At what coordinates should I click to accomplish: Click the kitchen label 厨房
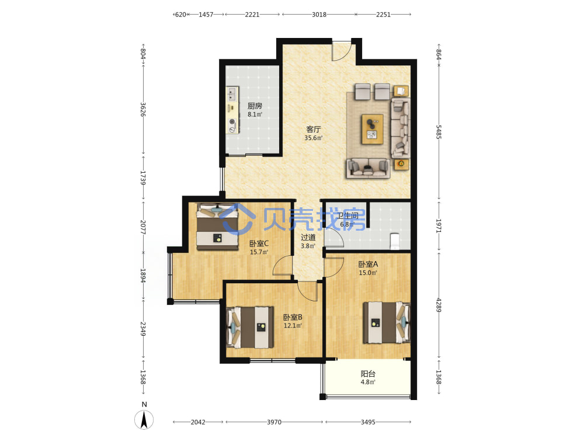coord(255,106)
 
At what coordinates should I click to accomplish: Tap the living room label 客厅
coord(313,129)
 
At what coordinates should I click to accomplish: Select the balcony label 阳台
coord(368,374)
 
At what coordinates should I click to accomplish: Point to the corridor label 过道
coord(308,237)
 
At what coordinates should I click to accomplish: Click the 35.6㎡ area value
coord(313,138)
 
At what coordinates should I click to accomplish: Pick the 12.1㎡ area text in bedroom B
coord(293,325)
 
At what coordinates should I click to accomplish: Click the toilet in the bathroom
coord(394,241)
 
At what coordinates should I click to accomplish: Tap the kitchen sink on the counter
coord(233,93)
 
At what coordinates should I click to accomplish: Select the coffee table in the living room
coord(373,129)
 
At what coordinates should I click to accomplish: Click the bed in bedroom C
coord(217,227)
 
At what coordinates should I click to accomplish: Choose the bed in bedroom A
coord(387,322)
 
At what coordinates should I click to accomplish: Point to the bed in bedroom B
coord(250,328)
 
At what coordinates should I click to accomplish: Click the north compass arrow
coord(144,420)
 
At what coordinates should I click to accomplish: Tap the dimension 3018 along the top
coord(319,15)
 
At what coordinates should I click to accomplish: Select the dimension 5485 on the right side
coord(439,132)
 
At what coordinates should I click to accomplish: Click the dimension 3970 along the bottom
coord(274,422)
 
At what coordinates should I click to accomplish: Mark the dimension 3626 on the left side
coord(142,110)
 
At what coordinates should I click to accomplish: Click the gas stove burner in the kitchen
coord(233,121)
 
